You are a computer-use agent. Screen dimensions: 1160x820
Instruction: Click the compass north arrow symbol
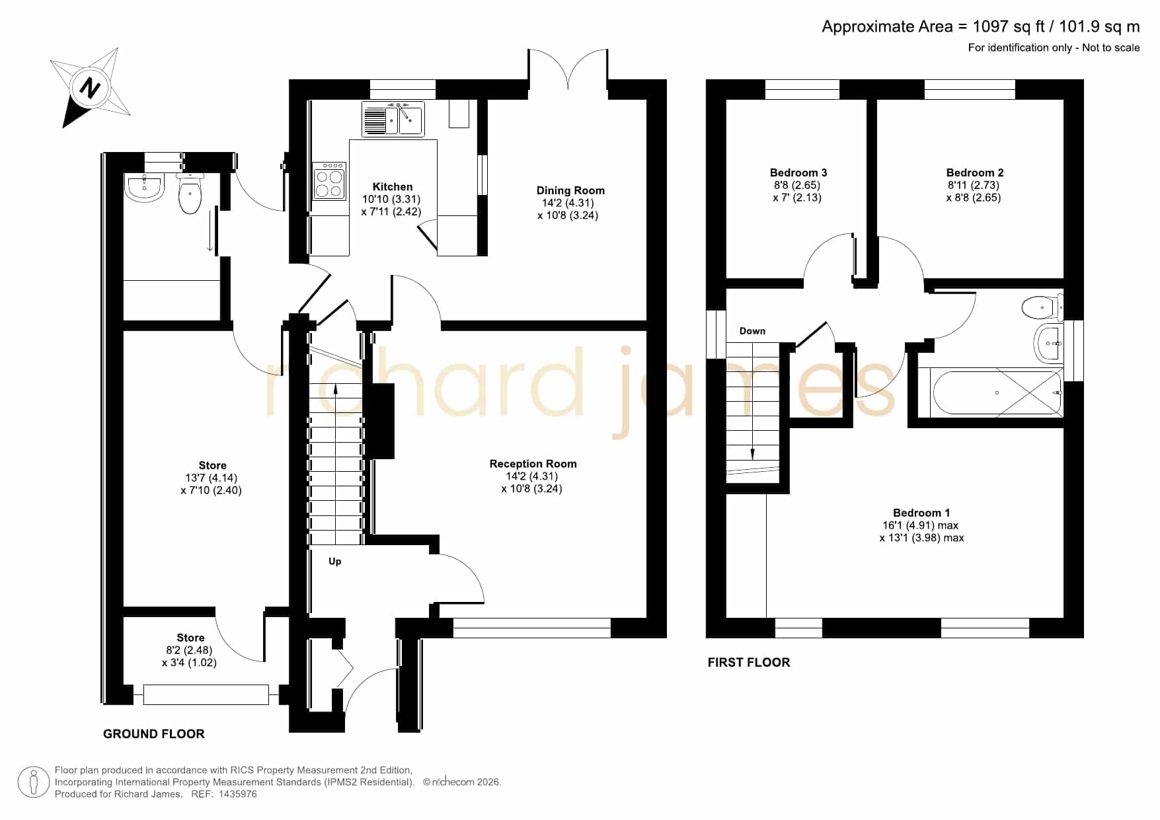(x=91, y=87)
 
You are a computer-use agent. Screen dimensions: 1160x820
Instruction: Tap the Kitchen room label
(x=392, y=187)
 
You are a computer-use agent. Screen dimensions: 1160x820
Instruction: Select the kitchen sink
(x=393, y=119)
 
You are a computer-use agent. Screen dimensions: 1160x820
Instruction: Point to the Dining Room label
(x=570, y=190)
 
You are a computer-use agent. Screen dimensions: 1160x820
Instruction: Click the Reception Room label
(x=533, y=464)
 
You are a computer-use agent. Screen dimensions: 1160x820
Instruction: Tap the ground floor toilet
(x=190, y=193)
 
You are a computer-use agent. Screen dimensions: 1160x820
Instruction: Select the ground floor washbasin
(x=144, y=188)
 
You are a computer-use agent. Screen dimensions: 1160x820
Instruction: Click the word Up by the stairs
(x=335, y=562)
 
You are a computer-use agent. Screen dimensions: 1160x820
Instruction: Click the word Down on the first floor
(x=752, y=331)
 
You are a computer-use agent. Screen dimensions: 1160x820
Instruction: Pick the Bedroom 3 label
(x=798, y=172)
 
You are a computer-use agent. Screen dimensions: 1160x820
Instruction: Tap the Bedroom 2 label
(x=975, y=172)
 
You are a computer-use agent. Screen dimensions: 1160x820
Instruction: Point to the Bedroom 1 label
(x=921, y=513)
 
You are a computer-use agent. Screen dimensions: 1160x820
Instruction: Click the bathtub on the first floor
(x=997, y=392)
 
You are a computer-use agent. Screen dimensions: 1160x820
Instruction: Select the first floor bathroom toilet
(x=1042, y=307)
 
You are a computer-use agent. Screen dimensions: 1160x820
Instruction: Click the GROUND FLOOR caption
(x=154, y=733)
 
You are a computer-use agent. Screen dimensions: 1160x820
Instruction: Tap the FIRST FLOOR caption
(x=749, y=662)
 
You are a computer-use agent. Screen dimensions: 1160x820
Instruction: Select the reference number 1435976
(x=236, y=794)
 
